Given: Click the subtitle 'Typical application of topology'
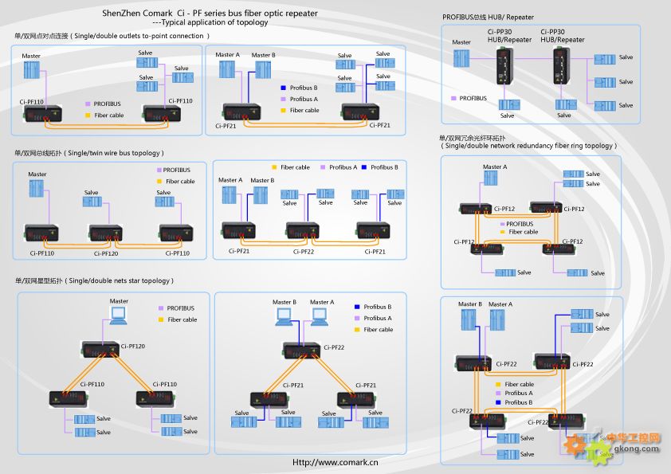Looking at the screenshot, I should pos(210,22).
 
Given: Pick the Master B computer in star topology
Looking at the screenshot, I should pos(284,316).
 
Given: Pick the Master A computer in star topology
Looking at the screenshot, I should pos(321,316).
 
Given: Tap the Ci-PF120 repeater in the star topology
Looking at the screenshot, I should pos(100,347).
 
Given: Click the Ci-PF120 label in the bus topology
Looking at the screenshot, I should pos(106,253).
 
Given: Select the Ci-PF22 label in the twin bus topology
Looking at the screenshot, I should pos(304,252).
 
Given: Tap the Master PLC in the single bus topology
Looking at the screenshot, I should pos(37,190).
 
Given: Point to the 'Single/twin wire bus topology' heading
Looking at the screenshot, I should pos(89,153).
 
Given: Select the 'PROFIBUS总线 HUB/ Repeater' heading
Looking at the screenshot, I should pos(488,18).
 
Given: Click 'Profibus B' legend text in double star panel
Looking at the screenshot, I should pos(378,307).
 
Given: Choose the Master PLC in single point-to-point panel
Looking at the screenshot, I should pos(31,70).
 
